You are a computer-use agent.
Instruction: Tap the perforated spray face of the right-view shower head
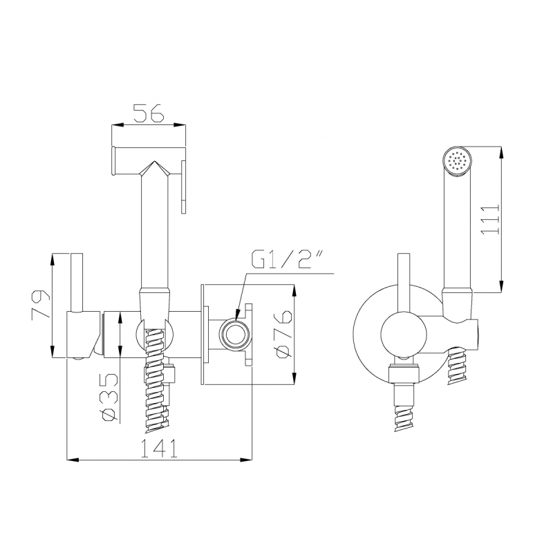click(457, 161)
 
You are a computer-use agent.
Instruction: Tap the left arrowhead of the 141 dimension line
click(71, 459)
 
